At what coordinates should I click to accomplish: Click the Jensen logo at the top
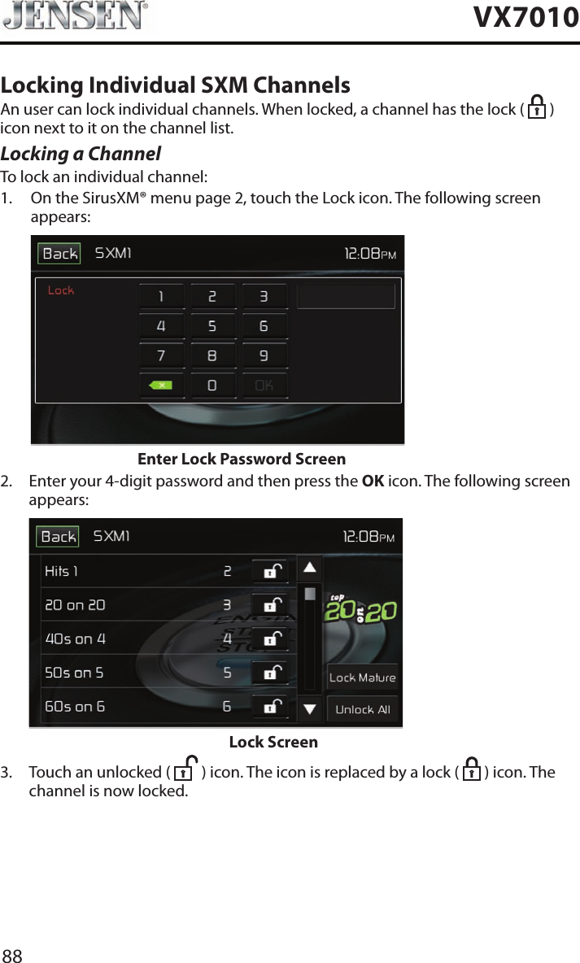[75, 16]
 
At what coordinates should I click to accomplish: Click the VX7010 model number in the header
[525, 17]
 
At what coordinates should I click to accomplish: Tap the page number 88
[12, 956]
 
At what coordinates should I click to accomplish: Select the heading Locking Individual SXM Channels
[176, 85]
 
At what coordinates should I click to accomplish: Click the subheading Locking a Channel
[81, 154]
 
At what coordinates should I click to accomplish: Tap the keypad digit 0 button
[212, 386]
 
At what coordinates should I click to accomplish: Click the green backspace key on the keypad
[161, 386]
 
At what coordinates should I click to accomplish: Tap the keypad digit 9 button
[264, 356]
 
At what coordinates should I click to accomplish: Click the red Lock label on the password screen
[61, 290]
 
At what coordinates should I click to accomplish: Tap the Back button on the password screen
[59, 254]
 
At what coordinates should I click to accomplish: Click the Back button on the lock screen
[58, 537]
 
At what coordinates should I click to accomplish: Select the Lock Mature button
[362, 678]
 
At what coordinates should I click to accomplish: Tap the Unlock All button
[362, 709]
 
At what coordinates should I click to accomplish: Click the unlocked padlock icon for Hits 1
[270, 572]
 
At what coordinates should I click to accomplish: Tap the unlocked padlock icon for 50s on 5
[270, 673]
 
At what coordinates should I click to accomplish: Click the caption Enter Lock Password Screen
[242, 460]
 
